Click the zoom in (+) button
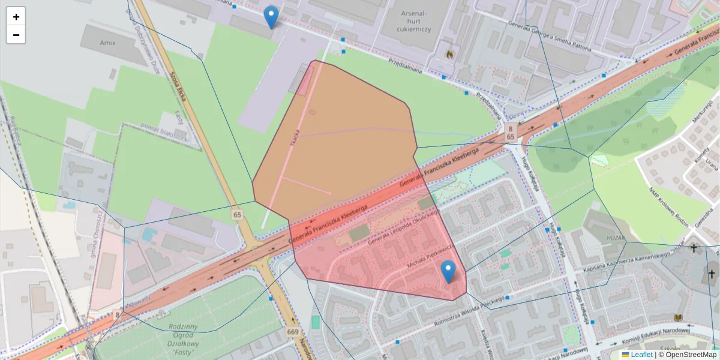click(x=16, y=17)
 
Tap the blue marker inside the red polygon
click(x=448, y=272)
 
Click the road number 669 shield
click(x=293, y=332)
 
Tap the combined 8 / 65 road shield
click(x=509, y=133)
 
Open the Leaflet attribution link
click(x=641, y=355)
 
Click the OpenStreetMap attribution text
click(x=687, y=355)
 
